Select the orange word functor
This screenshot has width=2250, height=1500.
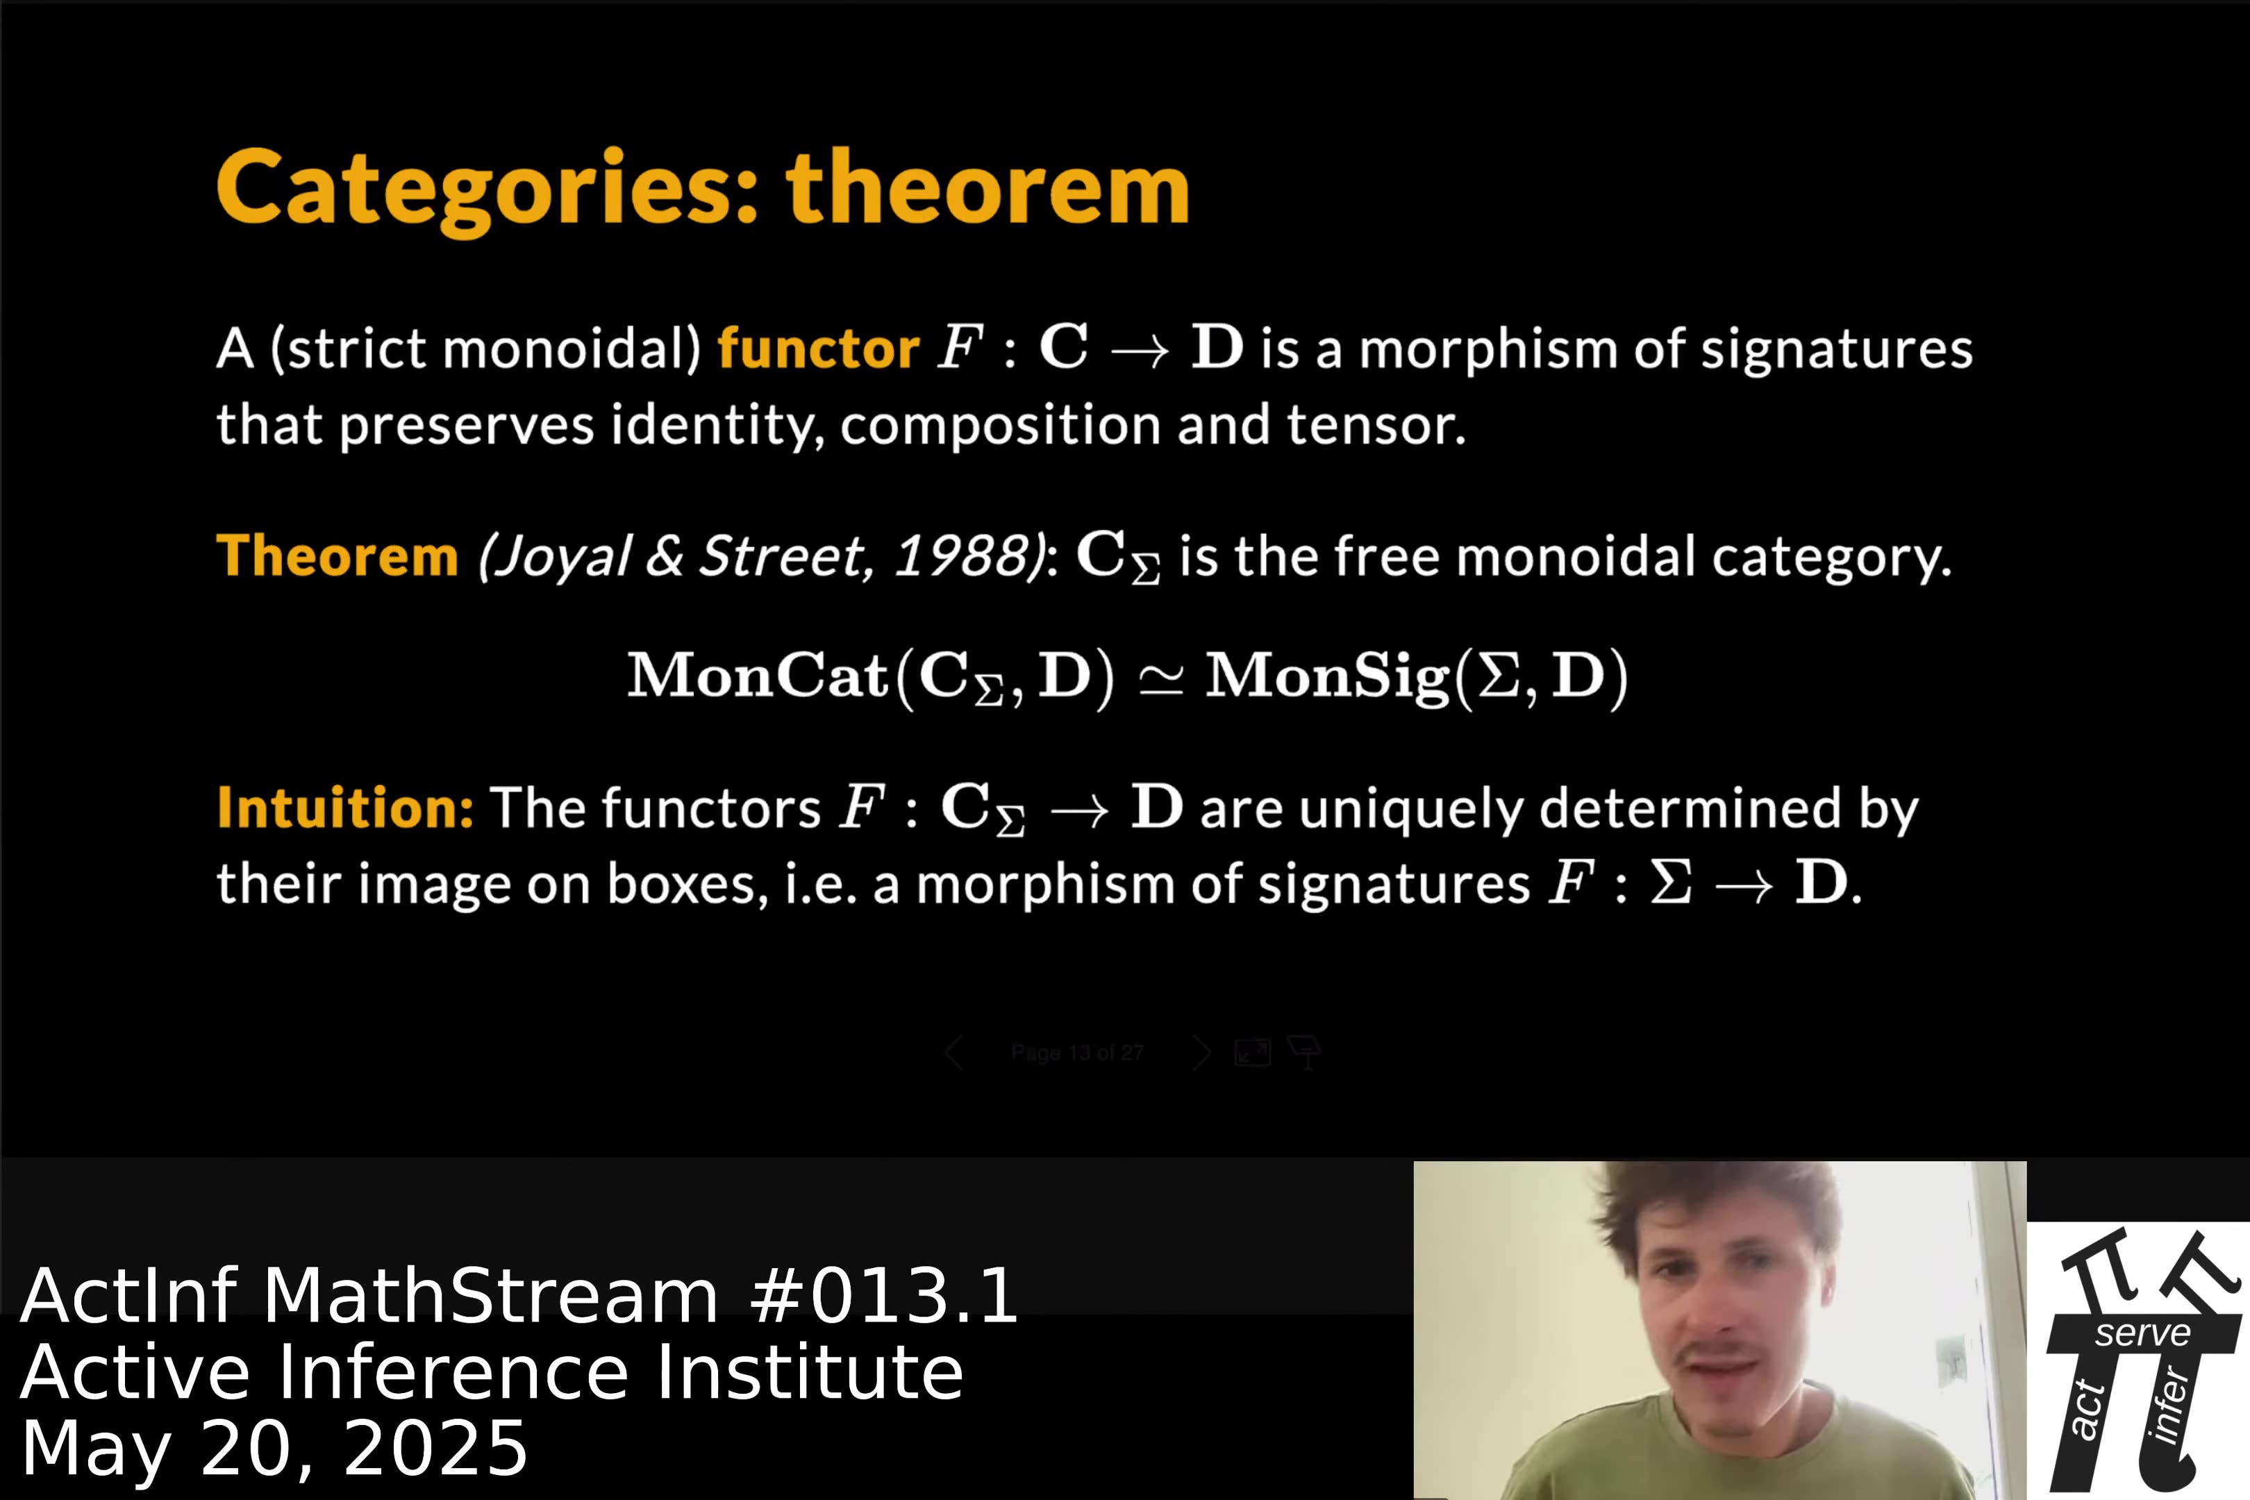[818, 348]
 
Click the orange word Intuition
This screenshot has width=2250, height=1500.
[344, 808]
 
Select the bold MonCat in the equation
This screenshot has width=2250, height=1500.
[758, 676]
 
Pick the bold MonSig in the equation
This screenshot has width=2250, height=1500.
[1328, 676]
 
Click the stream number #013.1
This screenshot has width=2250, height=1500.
[884, 1297]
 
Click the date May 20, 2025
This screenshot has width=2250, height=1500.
[274, 1449]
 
